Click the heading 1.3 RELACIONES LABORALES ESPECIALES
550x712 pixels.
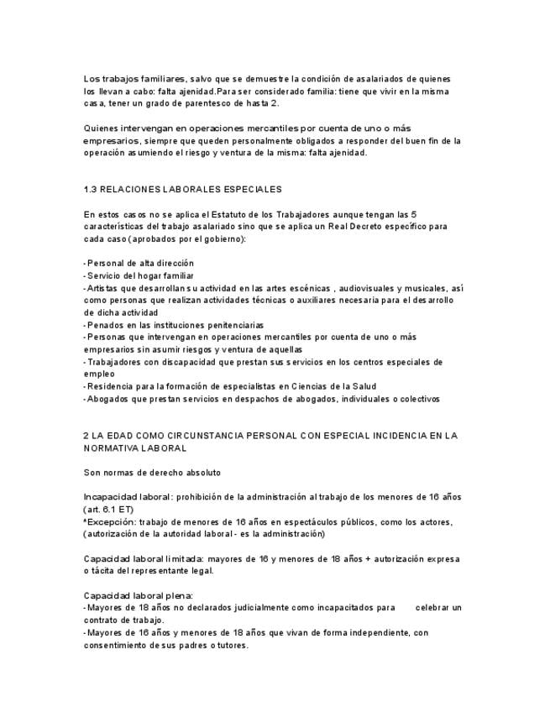(182, 190)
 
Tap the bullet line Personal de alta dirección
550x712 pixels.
(139, 263)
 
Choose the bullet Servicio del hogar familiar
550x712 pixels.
(139, 275)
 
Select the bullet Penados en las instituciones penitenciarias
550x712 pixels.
(175, 324)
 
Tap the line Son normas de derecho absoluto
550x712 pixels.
(152, 473)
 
